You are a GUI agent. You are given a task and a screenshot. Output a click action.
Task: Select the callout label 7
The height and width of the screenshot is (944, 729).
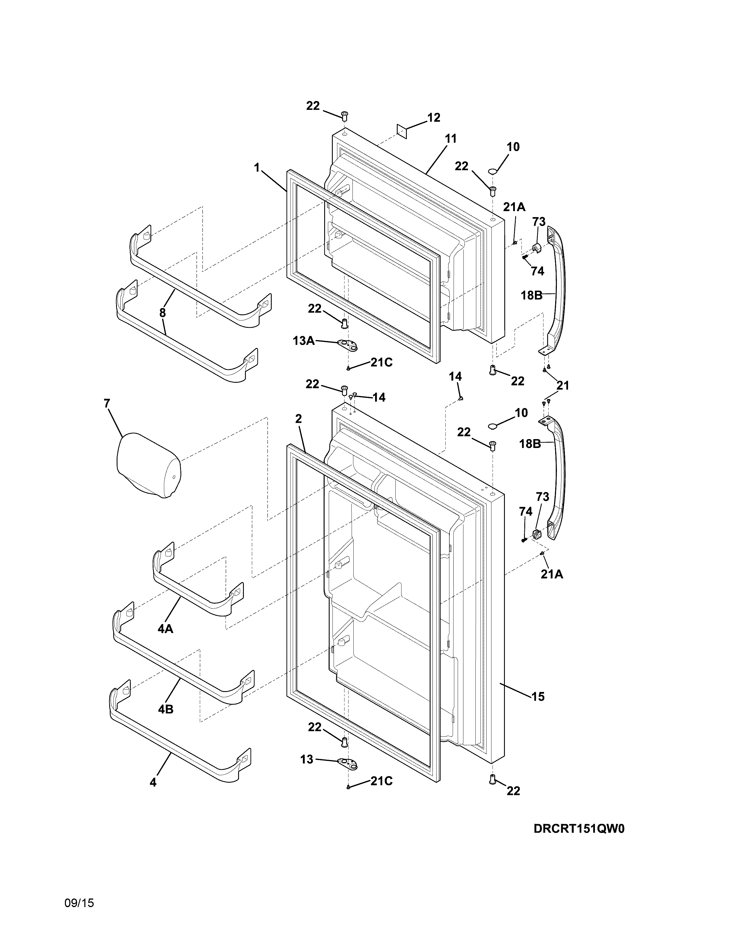click(107, 403)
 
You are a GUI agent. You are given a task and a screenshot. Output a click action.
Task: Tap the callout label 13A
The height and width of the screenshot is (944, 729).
click(303, 341)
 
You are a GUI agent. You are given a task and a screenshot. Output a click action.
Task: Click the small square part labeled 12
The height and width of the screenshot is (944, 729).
click(402, 130)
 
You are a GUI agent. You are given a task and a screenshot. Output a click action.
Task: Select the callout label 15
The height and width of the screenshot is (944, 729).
click(538, 696)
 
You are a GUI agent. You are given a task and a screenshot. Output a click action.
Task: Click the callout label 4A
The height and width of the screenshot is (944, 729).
click(166, 629)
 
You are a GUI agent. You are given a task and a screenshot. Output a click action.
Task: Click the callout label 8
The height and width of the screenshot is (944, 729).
click(162, 313)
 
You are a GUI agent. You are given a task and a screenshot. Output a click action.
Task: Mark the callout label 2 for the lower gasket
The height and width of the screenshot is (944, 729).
click(298, 419)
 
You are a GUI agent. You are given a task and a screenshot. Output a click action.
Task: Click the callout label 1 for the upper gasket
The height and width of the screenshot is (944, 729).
click(257, 167)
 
